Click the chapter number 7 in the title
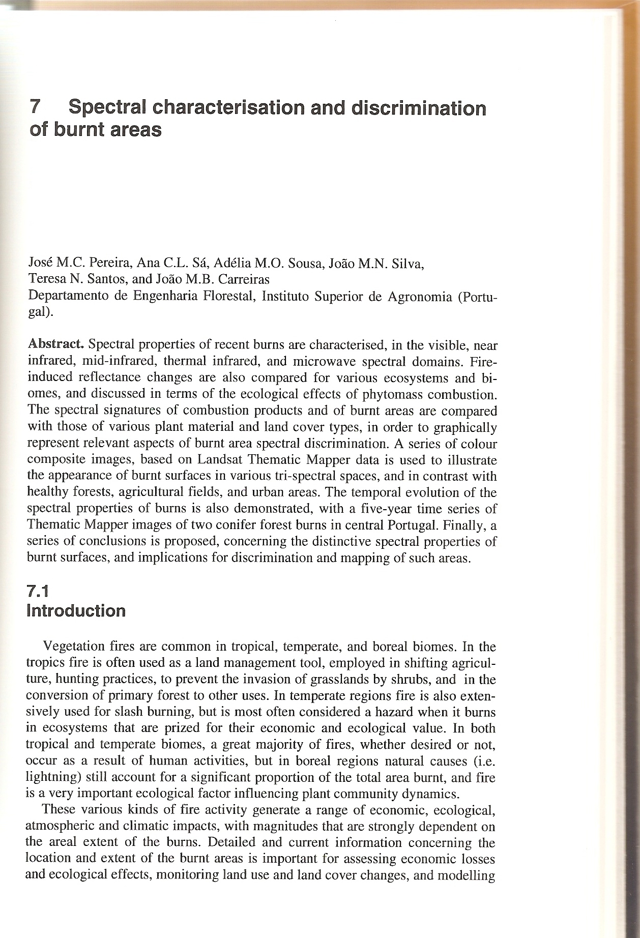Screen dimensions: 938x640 pyautogui.click(x=35, y=108)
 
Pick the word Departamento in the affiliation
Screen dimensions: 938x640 pyautogui.click(x=68, y=296)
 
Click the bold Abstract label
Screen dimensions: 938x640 pyautogui.click(x=55, y=344)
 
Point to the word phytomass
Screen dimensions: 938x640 pyautogui.click(x=395, y=394)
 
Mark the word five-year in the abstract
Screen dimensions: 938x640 pyautogui.click(x=394, y=509)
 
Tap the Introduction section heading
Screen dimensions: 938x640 pyautogui.click(x=76, y=610)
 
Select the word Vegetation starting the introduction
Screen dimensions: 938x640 pyautogui.click(x=75, y=647)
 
